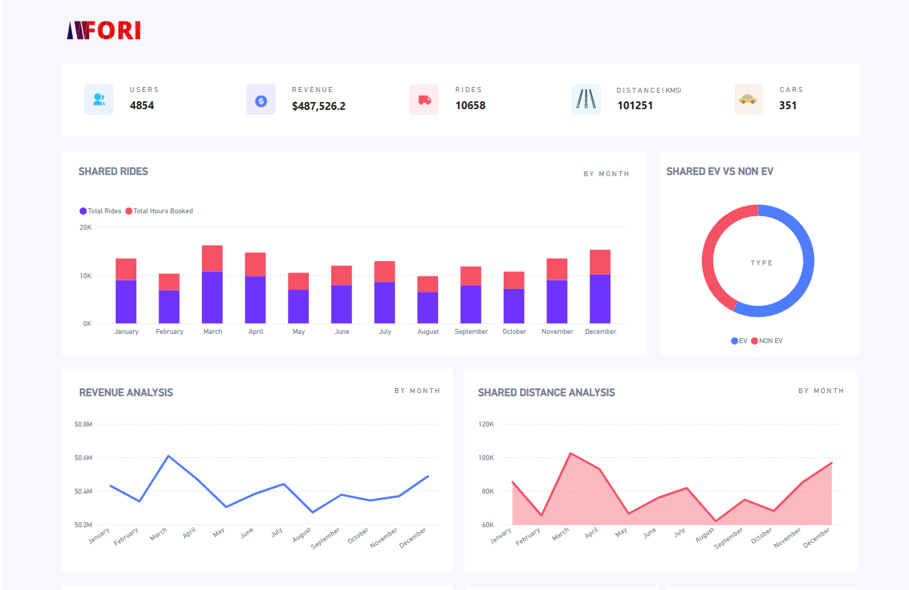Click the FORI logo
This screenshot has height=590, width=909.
(x=103, y=30)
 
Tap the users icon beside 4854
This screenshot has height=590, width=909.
(x=98, y=100)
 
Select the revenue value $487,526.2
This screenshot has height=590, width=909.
(x=318, y=106)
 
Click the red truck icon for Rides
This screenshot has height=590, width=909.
(x=424, y=100)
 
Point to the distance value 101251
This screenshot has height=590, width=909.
(x=634, y=106)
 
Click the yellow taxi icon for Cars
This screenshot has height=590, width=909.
(x=748, y=99)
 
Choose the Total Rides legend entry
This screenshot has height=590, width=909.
(x=101, y=211)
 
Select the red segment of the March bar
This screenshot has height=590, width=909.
(x=213, y=258)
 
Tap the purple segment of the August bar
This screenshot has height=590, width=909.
(x=428, y=307)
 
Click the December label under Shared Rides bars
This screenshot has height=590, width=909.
(x=600, y=332)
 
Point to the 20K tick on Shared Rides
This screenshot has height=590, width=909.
(x=85, y=228)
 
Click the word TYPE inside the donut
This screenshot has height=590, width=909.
(x=761, y=263)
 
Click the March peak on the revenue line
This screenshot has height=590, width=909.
(x=168, y=456)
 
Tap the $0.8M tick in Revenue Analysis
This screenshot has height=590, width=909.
(x=83, y=424)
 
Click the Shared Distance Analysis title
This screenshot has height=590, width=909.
(x=546, y=392)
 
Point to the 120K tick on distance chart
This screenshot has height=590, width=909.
(x=486, y=424)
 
